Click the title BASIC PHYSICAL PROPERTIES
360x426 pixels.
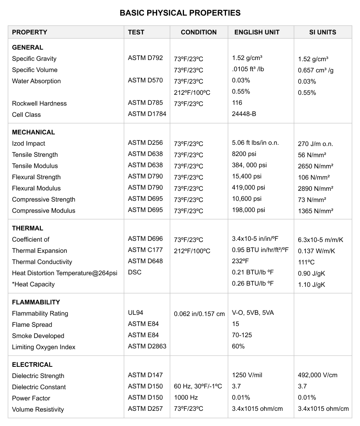tap(180, 13)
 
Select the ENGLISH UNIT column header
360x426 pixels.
tap(257, 32)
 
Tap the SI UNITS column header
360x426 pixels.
tap(323, 32)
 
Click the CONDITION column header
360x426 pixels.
tap(199, 32)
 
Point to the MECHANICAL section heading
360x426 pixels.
tap(34, 132)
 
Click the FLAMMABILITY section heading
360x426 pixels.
tap(36, 302)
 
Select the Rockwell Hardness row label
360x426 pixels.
tap(39, 103)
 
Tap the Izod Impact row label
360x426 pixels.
tap(28, 143)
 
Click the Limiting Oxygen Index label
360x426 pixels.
tap(44, 347)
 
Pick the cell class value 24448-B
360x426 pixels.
tap(244, 114)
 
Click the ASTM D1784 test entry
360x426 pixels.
tap(147, 114)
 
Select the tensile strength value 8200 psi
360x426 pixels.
tap(244, 154)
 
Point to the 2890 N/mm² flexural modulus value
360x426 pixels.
tap(316, 188)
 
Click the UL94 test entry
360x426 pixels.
tap(136, 313)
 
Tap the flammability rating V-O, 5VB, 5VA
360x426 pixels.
tap(253, 313)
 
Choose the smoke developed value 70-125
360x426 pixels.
tap(242, 335)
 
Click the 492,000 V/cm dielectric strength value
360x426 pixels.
tap(318, 375)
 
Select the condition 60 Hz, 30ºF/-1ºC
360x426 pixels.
tap(198, 386)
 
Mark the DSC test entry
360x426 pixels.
tap(135, 272)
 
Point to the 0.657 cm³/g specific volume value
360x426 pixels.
tap(316, 70)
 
